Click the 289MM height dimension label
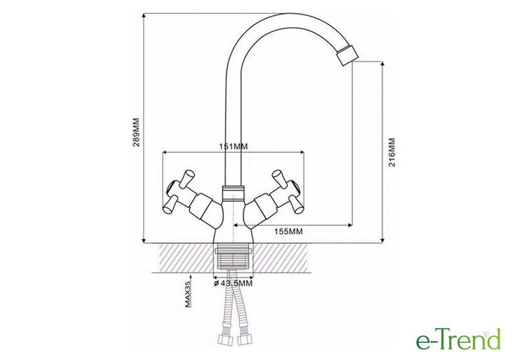[136, 132]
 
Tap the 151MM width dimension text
[233, 146]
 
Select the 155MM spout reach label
[289, 231]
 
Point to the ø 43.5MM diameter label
[233, 283]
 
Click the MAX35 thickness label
[188, 295]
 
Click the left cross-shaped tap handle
[177, 192]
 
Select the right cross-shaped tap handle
[289, 192]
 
